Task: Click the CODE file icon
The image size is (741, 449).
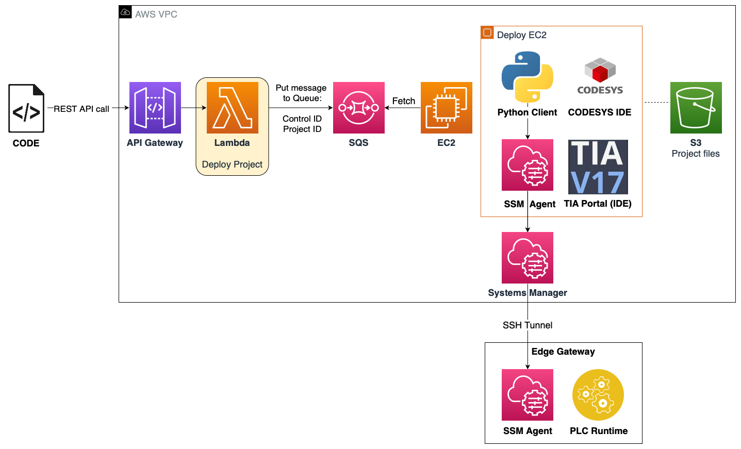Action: click(x=26, y=108)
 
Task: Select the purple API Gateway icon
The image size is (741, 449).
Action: click(x=155, y=108)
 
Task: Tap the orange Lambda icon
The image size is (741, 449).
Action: click(x=232, y=108)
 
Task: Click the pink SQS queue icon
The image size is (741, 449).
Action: click(x=358, y=108)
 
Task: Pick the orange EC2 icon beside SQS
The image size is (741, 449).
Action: click(x=446, y=108)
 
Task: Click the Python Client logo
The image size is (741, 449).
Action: click(x=527, y=77)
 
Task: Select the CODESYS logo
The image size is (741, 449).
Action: click(x=600, y=76)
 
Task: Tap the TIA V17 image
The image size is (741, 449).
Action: click(x=598, y=167)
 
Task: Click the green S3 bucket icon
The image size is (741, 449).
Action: click(x=696, y=108)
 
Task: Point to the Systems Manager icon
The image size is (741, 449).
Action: click(x=527, y=258)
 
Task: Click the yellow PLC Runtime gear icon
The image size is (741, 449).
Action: click(x=598, y=395)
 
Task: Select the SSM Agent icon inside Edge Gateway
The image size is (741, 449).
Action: click(x=527, y=395)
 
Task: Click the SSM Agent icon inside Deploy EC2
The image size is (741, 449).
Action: click(x=527, y=165)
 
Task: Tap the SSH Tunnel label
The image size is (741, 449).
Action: click(x=527, y=325)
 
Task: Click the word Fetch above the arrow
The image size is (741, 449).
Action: click(x=403, y=101)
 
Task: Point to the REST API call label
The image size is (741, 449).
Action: click(x=81, y=109)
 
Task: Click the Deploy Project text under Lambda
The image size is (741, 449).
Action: click(x=232, y=164)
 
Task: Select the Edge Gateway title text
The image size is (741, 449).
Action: click(x=563, y=352)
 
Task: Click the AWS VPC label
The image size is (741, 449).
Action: click(x=156, y=14)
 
